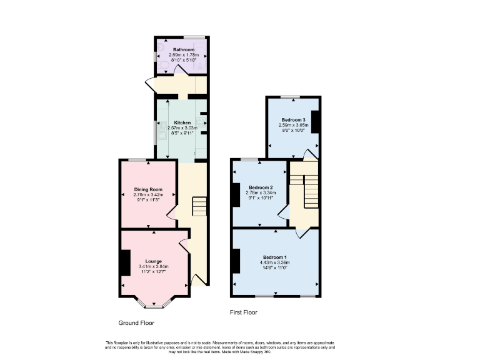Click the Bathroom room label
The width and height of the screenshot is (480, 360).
[184, 50]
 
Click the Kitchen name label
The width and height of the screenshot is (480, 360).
[182, 122]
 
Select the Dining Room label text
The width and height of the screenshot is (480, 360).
[148, 189]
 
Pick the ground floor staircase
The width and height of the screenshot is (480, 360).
[199, 206]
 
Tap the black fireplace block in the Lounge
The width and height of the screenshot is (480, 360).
[125, 262]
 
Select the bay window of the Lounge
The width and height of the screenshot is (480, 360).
[153, 304]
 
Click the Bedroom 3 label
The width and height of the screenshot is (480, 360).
[293, 119]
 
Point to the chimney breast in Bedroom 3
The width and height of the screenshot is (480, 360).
[316, 121]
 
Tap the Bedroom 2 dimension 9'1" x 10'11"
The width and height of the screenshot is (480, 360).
[261, 199]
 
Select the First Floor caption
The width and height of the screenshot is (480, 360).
[244, 312]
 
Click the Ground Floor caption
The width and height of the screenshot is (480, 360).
[136, 323]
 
